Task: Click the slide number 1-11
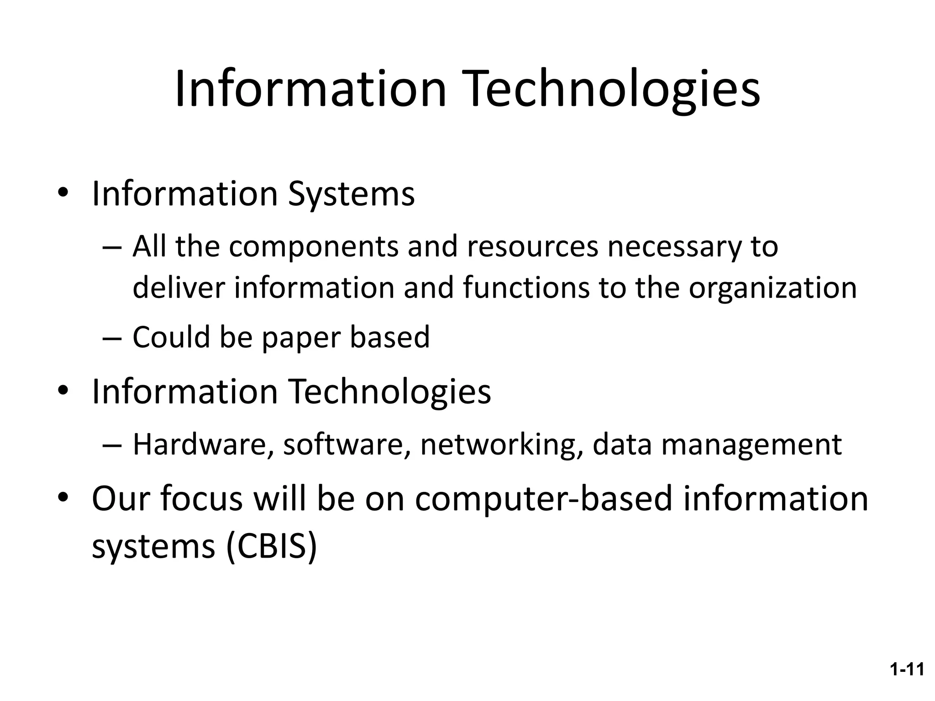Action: click(x=907, y=670)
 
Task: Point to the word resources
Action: click(x=532, y=247)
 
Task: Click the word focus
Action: click(x=201, y=498)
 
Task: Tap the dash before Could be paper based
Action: click(x=112, y=338)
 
